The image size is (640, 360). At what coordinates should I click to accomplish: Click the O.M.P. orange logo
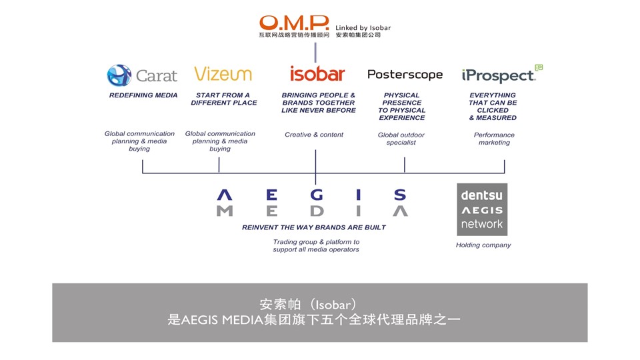click(x=294, y=23)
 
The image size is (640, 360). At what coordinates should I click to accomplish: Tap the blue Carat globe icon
click(x=119, y=75)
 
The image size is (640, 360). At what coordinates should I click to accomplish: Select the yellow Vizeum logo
click(x=223, y=74)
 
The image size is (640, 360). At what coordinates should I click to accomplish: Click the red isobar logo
click(x=317, y=73)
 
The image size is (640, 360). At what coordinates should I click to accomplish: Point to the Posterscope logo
click(x=405, y=75)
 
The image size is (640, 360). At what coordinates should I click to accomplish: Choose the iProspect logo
click(x=499, y=75)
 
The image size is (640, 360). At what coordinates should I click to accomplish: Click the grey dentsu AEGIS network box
click(x=482, y=209)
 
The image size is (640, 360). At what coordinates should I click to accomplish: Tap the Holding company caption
click(x=483, y=245)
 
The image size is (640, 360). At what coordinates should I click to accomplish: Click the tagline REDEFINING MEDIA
click(x=143, y=95)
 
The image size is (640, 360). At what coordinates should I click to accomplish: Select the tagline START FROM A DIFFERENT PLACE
click(x=224, y=99)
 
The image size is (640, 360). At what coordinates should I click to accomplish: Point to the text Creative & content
click(x=314, y=135)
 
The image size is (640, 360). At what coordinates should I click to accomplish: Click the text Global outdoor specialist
click(x=401, y=139)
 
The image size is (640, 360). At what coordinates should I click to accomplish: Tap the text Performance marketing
click(x=494, y=139)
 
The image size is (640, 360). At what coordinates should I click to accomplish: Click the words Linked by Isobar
click(x=363, y=28)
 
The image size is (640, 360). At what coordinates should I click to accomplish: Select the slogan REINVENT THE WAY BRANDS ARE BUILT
click(x=314, y=227)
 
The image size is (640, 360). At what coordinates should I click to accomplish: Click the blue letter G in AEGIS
click(x=317, y=195)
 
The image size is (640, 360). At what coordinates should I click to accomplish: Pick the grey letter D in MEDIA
click(x=317, y=211)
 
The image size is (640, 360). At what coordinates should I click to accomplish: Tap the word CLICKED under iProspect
click(x=493, y=110)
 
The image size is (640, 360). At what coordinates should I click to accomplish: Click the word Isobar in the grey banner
click(x=333, y=305)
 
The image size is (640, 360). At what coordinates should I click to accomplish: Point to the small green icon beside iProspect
click(x=539, y=67)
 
